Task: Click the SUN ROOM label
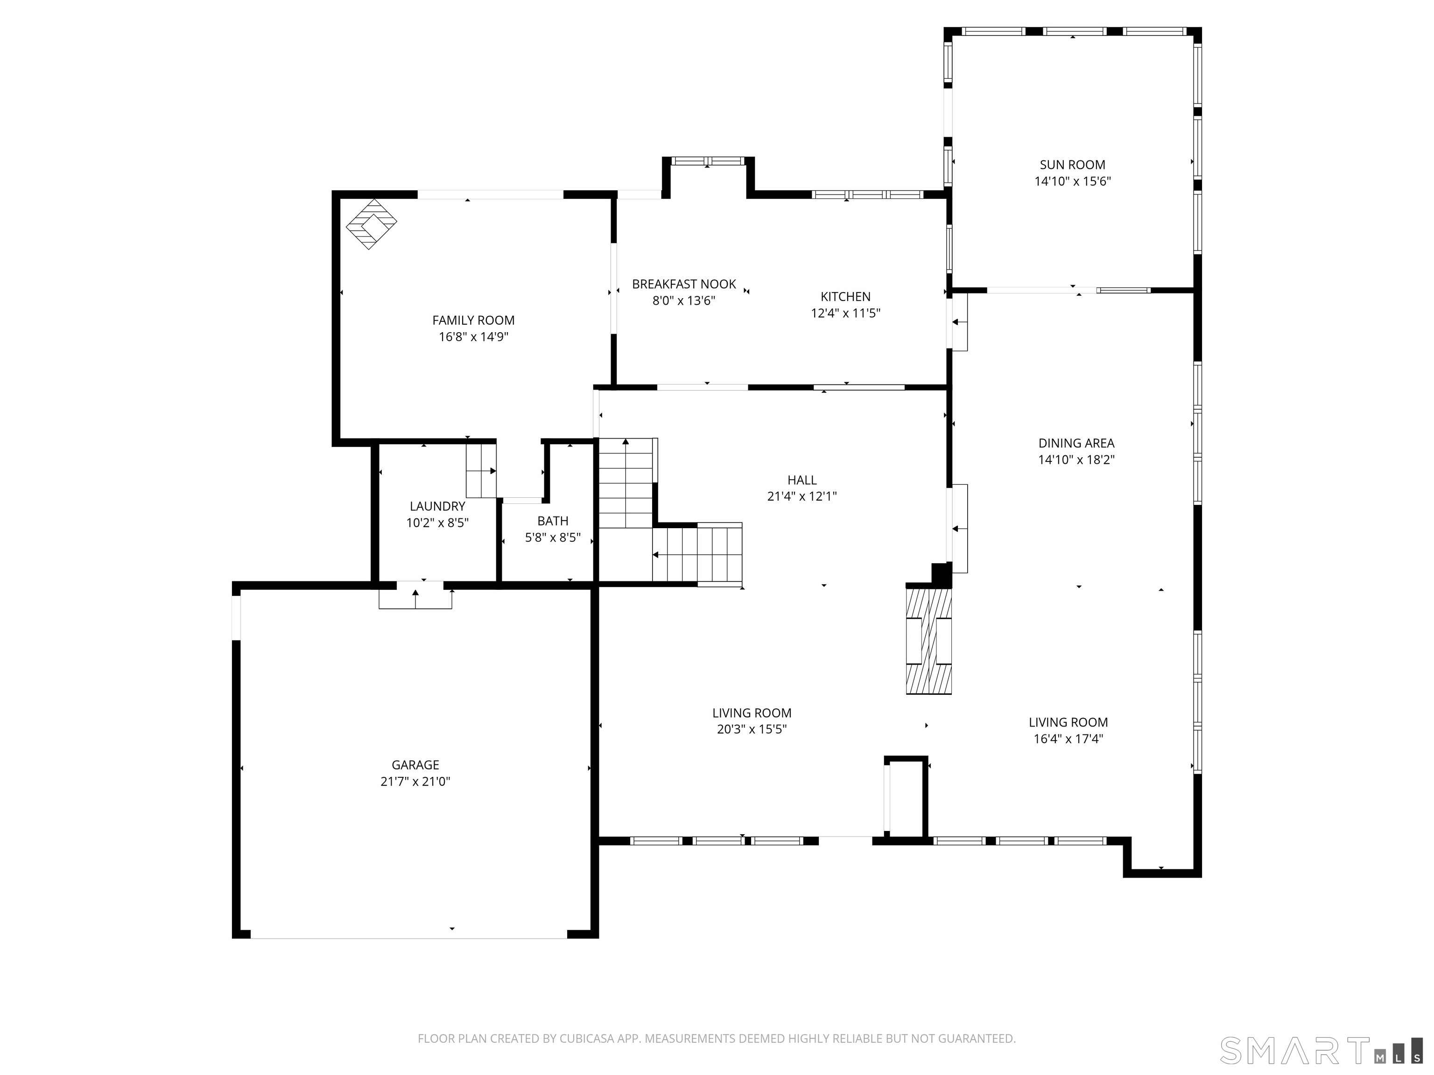click(x=1072, y=165)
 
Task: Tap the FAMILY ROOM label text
click(x=473, y=320)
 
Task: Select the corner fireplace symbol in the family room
click(x=371, y=224)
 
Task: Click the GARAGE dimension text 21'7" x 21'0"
click(x=415, y=782)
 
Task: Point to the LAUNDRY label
click(x=437, y=506)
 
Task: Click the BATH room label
click(x=552, y=521)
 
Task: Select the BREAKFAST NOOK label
click(x=683, y=284)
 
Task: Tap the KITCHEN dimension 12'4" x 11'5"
click(x=845, y=314)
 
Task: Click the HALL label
click(x=801, y=480)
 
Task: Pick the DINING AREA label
click(x=1076, y=443)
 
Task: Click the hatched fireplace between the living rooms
click(x=928, y=640)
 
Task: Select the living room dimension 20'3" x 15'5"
click(x=752, y=729)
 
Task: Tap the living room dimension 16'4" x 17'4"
click(x=1068, y=739)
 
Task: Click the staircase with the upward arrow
click(x=626, y=483)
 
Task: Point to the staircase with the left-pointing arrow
click(x=697, y=555)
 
